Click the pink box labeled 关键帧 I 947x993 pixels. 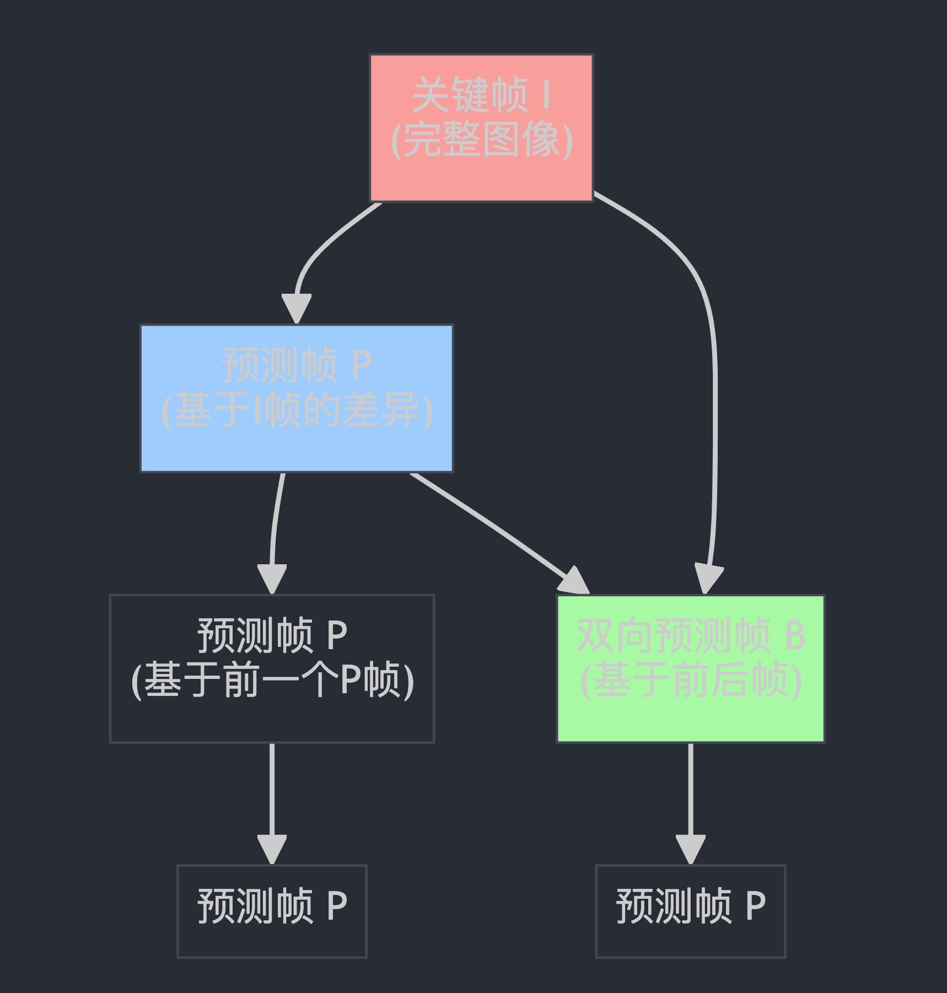481,176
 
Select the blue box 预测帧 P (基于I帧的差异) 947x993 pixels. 297,446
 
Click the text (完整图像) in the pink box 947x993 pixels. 482,140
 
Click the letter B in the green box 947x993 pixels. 795,635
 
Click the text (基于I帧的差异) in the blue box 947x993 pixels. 297,410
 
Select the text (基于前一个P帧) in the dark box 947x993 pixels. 272,681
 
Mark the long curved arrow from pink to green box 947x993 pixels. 714,386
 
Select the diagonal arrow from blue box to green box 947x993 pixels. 496,529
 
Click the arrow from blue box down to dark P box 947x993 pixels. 276,524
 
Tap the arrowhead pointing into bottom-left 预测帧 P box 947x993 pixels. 272,849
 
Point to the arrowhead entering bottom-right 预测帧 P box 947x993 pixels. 690,849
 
